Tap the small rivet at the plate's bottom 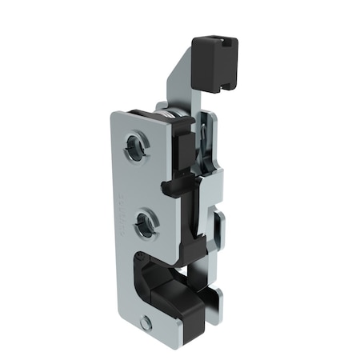point(146,324)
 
